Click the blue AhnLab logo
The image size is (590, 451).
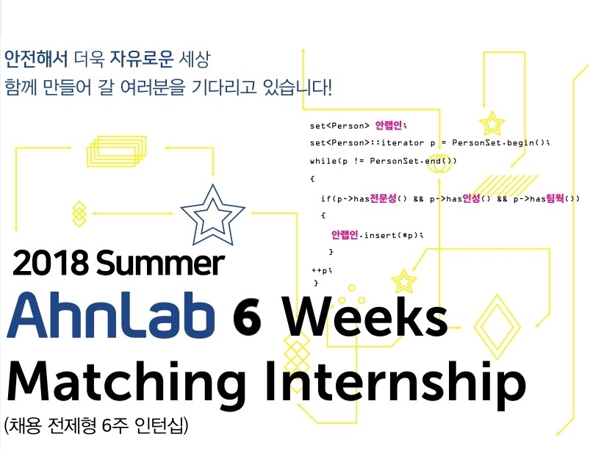(x=111, y=315)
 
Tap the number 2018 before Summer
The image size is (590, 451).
(x=51, y=263)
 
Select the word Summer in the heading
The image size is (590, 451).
(x=160, y=262)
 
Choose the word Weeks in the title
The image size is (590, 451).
(x=365, y=317)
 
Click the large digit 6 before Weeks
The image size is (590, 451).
(x=247, y=318)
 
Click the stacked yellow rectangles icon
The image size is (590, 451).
(x=117, y=151)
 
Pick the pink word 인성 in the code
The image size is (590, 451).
(x=471, y=198)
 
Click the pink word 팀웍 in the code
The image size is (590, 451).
(x=555, y=198)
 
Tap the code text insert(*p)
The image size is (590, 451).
(x=391, y=235)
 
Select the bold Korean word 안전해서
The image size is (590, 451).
(x=36, y=59)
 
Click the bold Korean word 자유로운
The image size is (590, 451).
(x=142, y=59)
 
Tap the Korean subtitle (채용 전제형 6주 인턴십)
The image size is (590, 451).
(x=96, y=425)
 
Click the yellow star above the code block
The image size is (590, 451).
(x=492, y=123)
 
